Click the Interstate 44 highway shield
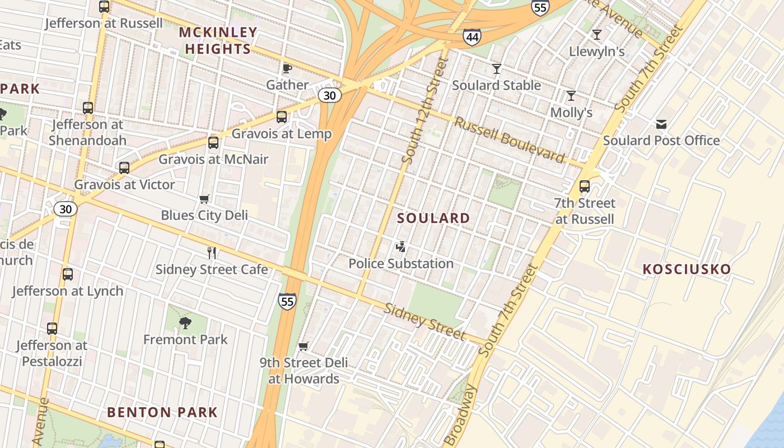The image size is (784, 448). (x=472, y=38)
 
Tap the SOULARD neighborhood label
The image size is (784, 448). (x=433, y=218)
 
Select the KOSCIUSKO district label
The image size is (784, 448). (x=687, y=269)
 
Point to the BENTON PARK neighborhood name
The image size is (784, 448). (x=162, y=413)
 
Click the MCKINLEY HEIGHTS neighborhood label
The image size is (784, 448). (x=218, y=41)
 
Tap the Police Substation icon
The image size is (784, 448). (x=401, y=246)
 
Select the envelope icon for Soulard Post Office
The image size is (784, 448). (x=661, y=124)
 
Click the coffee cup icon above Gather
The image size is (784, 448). (x=287, y=68)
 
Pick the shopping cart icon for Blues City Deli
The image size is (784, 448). (x=204, y=199)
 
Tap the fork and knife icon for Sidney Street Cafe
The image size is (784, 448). (x=212, y=253)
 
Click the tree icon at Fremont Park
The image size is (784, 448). (x=185, y=323)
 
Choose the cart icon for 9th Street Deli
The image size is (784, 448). (x=304, y=346)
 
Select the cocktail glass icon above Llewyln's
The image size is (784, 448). (x=597, y=35)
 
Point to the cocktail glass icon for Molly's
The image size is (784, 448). (x=571, y=96)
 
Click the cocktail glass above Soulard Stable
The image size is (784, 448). (x=497, y=69)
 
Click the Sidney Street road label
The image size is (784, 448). (x=424, y=322)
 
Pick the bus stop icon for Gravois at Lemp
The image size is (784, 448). (x=282, y=117)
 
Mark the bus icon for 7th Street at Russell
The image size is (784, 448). (x=585, y=186)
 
